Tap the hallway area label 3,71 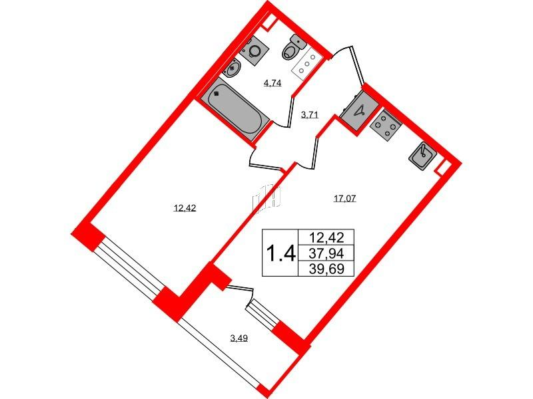pos(309,115)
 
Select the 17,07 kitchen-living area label pos(344,198)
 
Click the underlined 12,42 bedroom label pos(185,208)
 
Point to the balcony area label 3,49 pos(239,338)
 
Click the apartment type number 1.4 pos(280,253)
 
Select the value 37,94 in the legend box pos(326,253)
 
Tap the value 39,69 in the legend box pos(326,269)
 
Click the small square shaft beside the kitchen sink pos(443,168)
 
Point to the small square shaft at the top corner pos(268,23)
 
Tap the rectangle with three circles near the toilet pos(306,64)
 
